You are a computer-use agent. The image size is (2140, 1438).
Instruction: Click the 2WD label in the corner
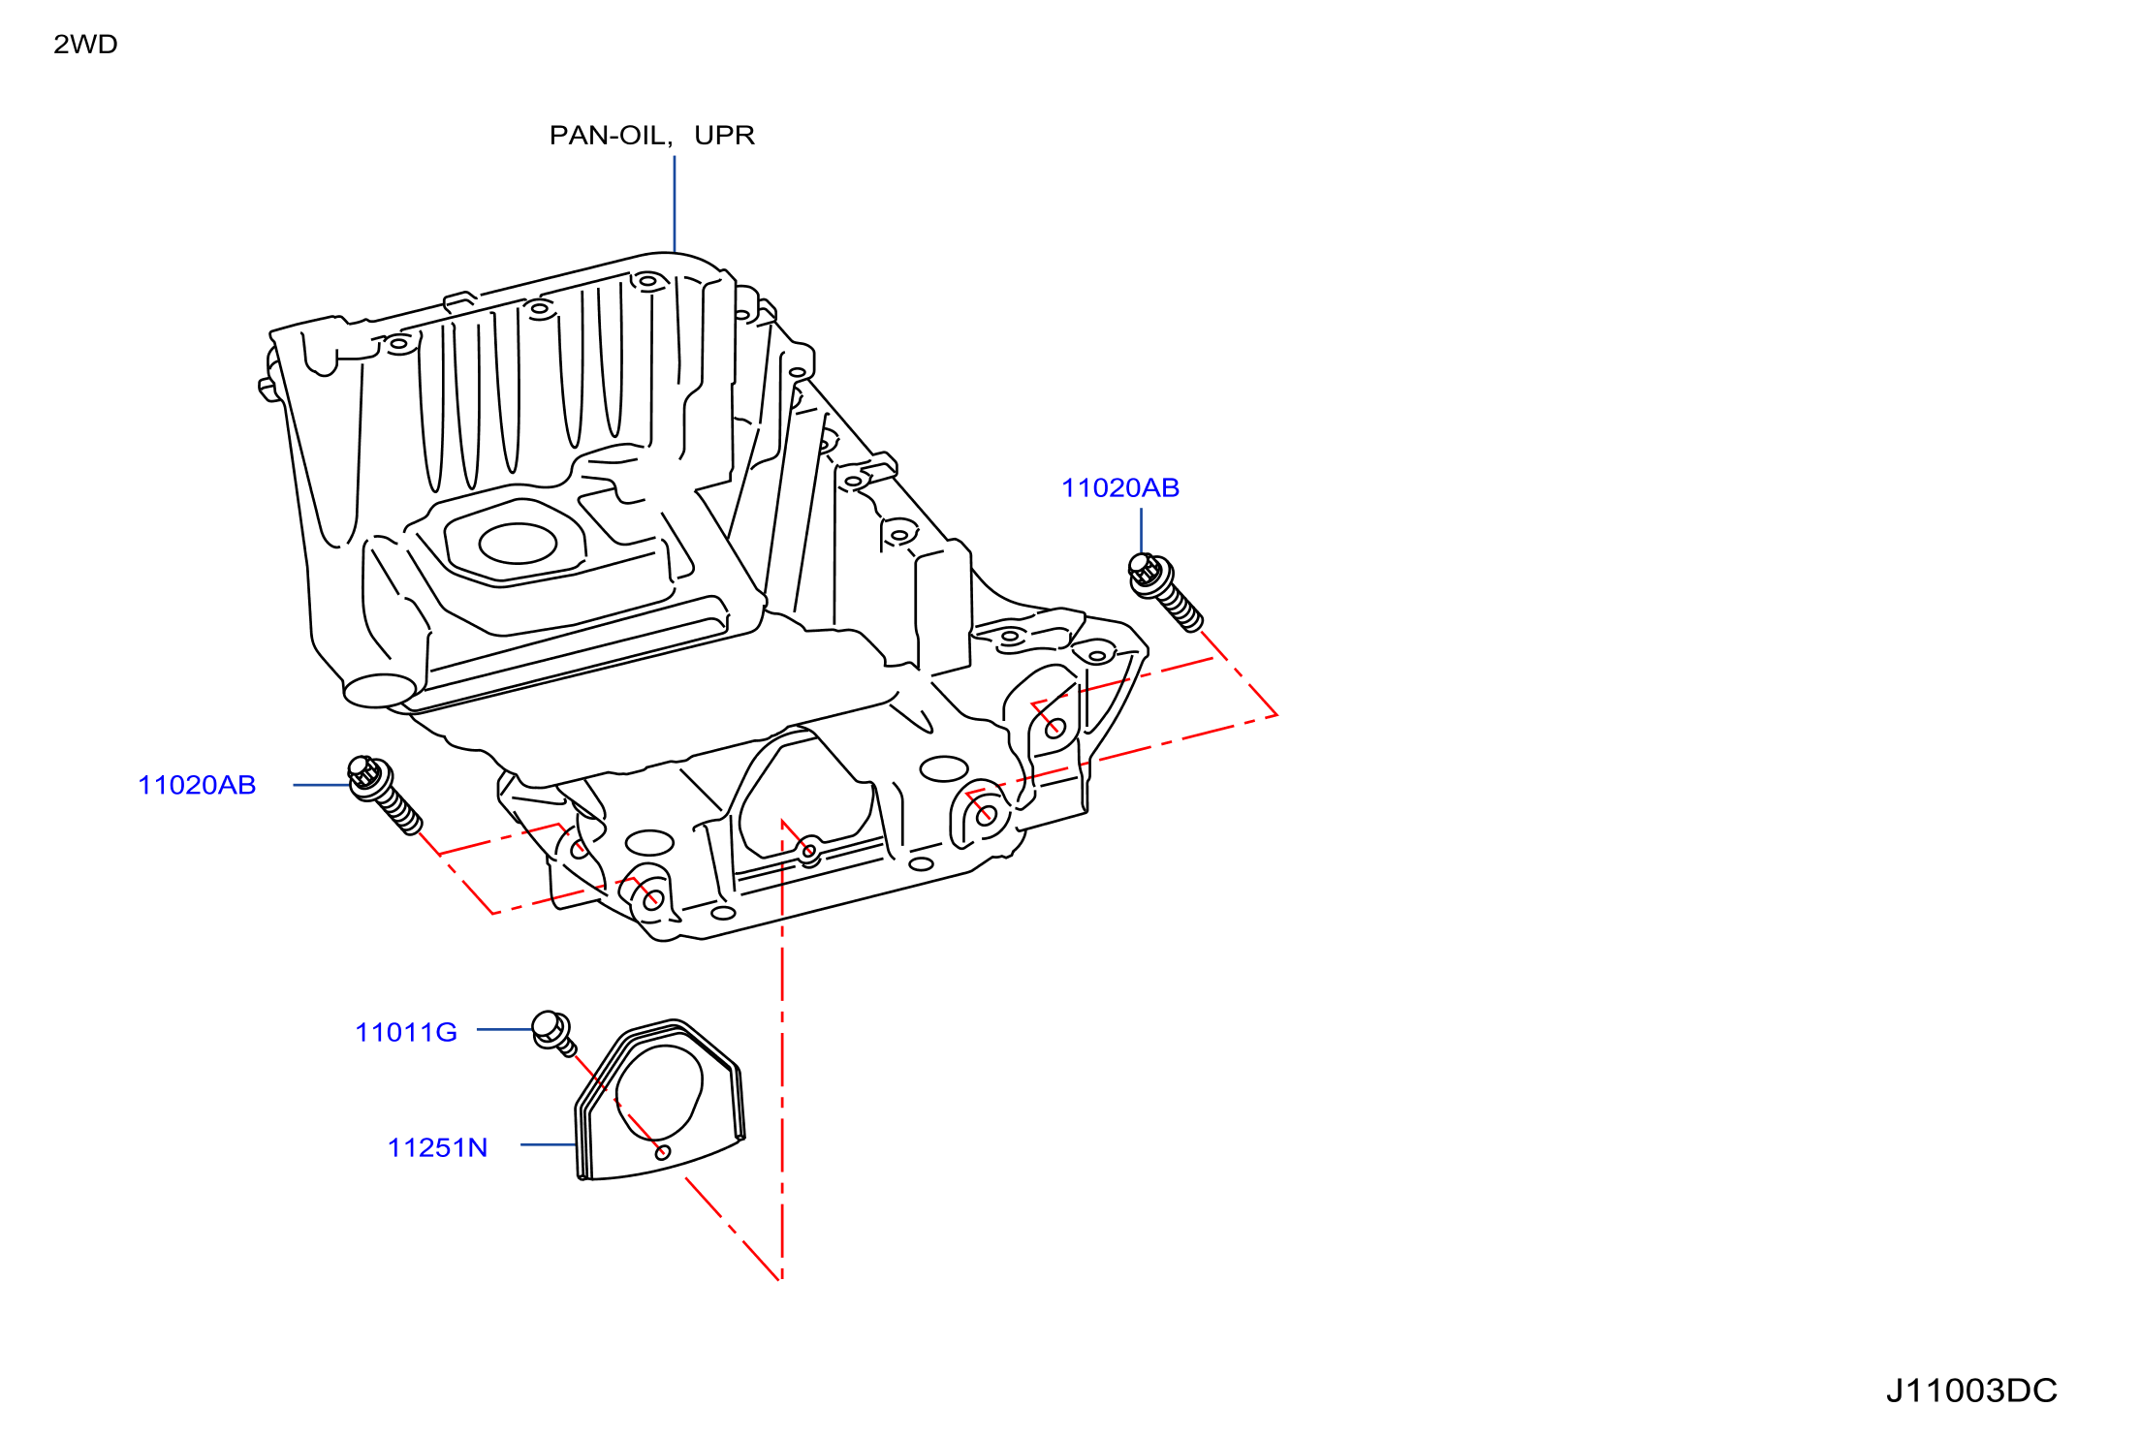(x=85, y=45)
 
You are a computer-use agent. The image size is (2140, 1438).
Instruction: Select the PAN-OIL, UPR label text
(x=651, y=136)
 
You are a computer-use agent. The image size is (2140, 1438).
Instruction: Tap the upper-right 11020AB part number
(x=1120, y=488)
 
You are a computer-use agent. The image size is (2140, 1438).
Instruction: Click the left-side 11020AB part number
(x=197, y=786)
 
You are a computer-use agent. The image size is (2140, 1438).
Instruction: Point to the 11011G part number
(x=406, y=1033)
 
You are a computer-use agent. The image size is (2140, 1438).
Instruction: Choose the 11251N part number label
(x=437, y=1148)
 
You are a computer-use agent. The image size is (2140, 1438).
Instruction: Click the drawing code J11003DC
(x=1971, y=1391)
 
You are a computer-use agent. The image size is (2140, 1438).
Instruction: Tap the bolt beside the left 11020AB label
(x=385, y=795)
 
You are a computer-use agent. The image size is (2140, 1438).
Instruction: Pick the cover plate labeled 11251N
(x=660, y=1100)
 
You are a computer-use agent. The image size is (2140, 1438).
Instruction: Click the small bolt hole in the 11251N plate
(x=663, y=1152)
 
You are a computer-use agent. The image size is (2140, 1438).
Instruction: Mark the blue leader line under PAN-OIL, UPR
(x=675, y=204)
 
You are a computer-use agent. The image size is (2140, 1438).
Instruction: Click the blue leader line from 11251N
(x=549, y=1144)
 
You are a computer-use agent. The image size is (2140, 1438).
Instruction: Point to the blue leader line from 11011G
(x=505, y=1029)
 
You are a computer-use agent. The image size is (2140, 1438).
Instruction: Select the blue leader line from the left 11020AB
(x=321, y=785)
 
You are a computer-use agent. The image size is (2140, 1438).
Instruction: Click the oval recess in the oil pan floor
(x=518, y=544)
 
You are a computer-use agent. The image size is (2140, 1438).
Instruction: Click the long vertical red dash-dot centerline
(x=782, y=1050)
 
